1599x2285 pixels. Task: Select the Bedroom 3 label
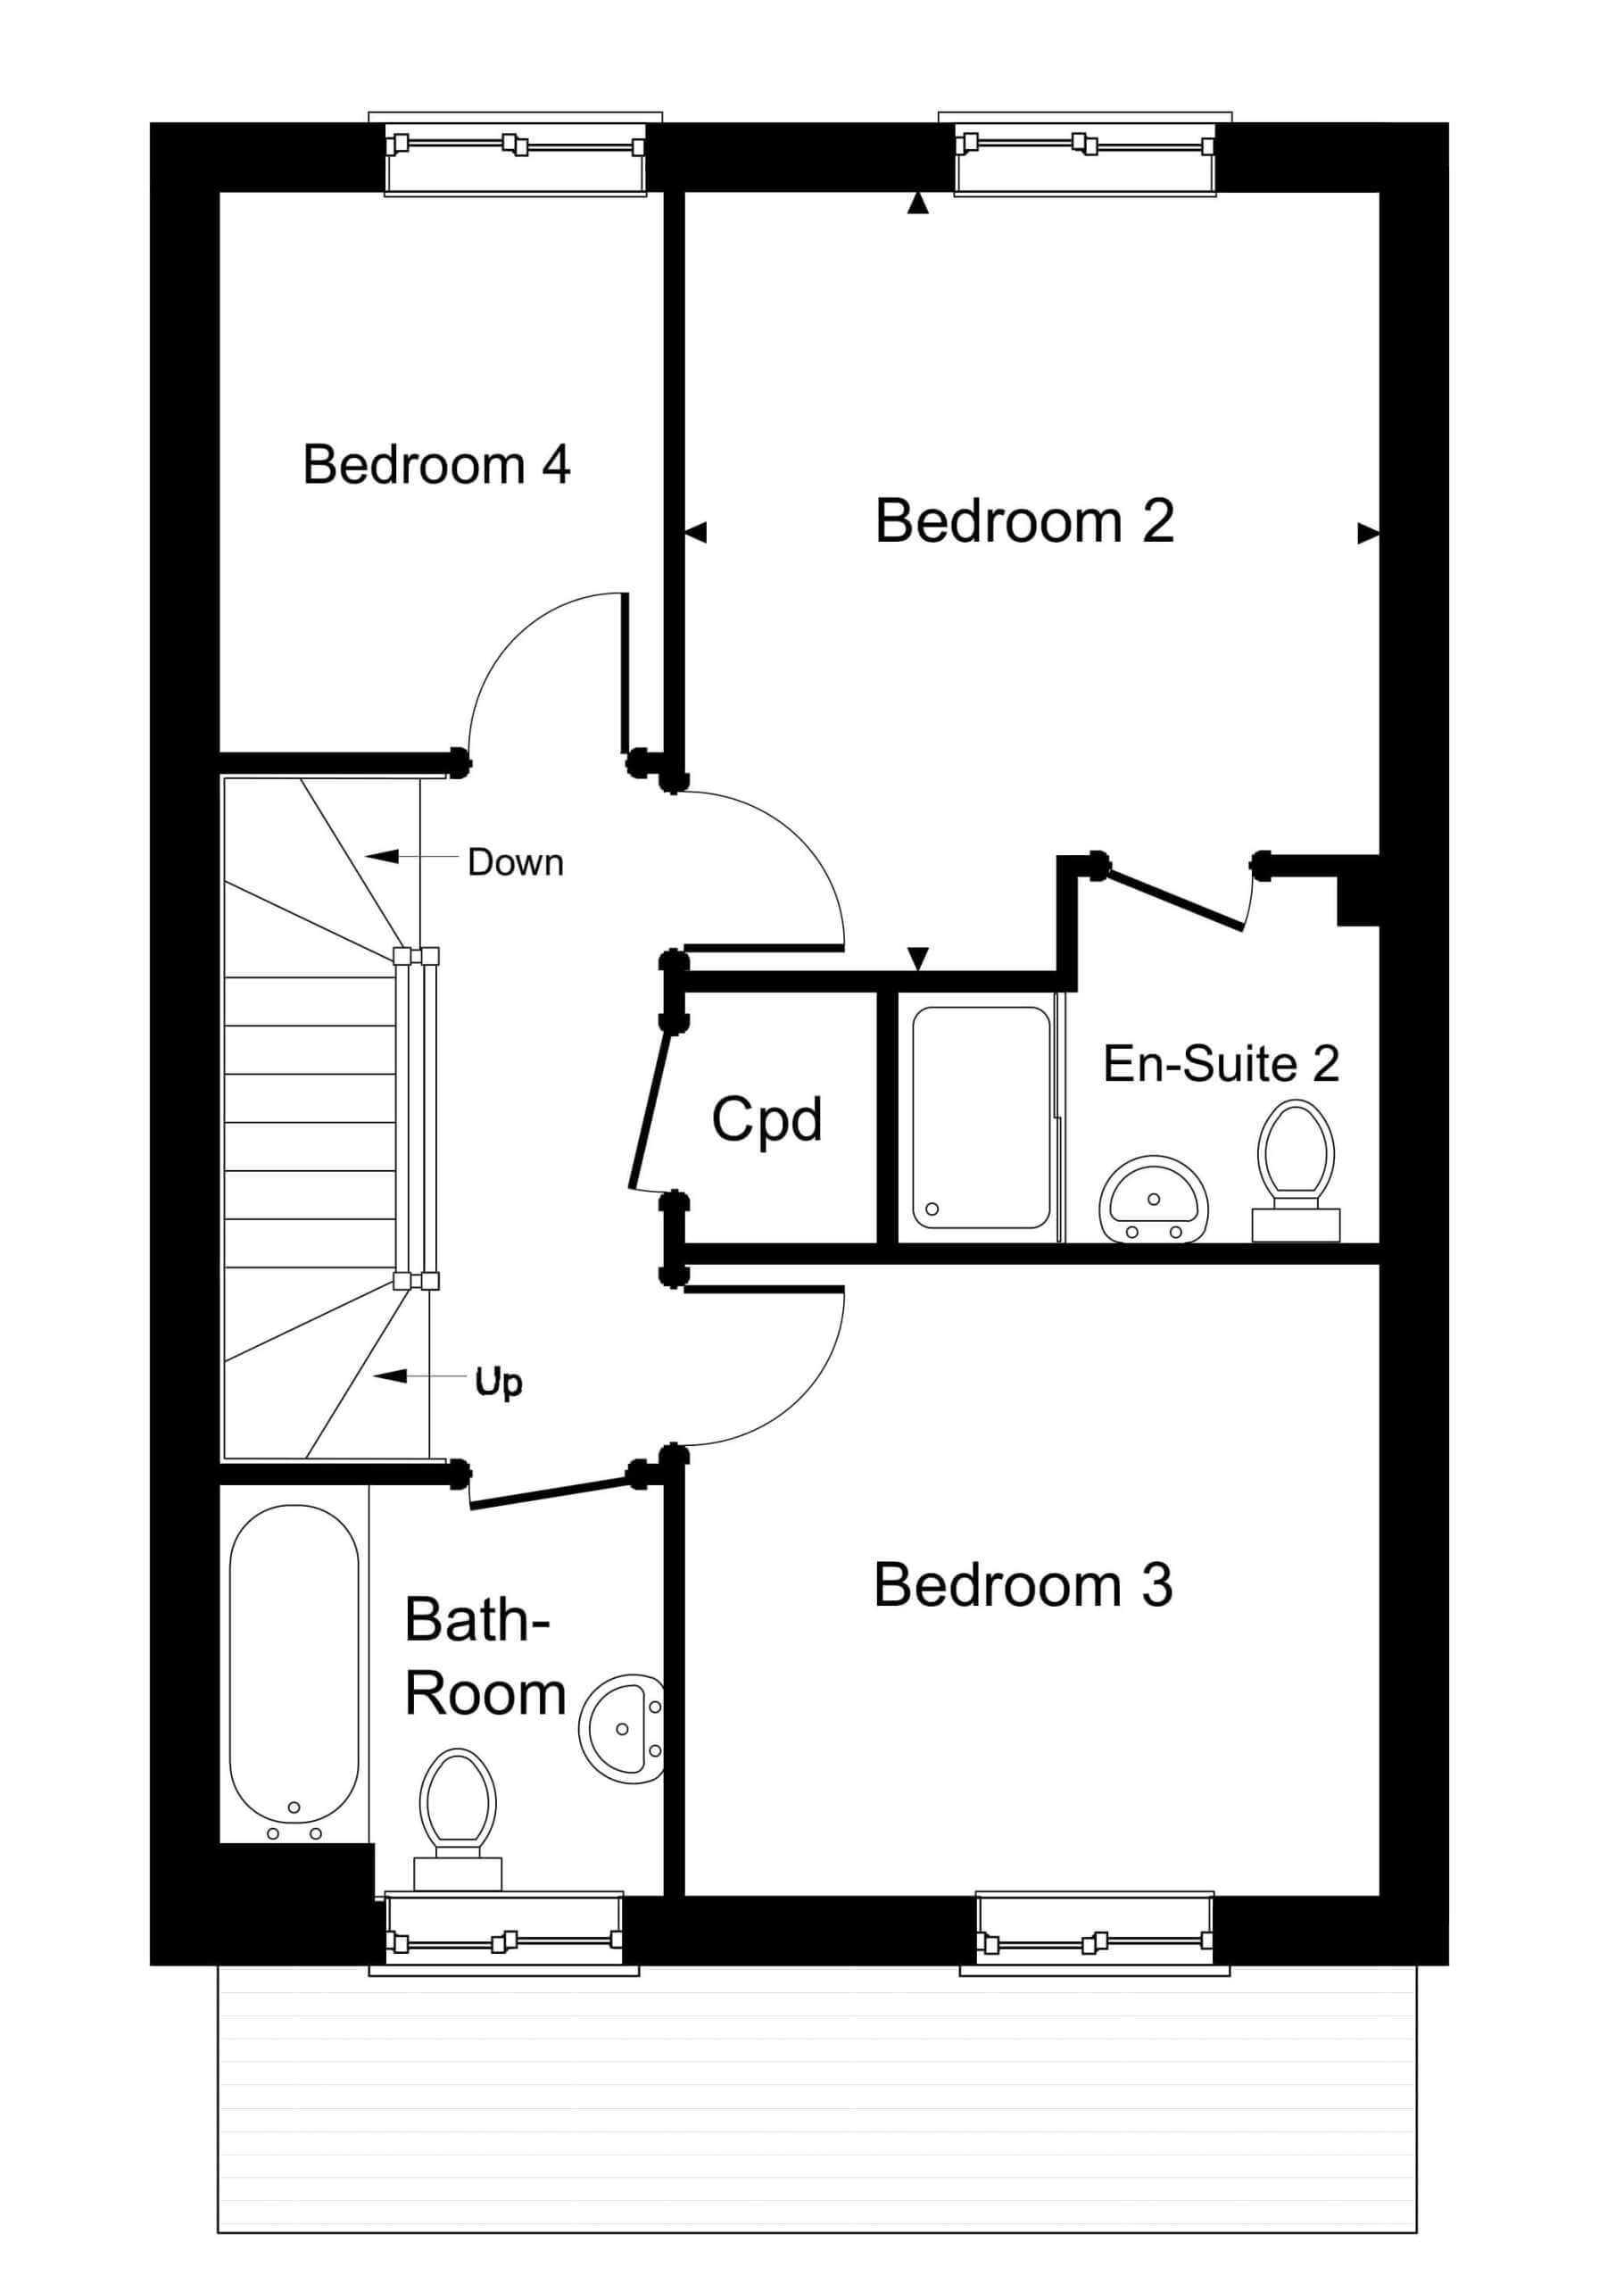tap(1023, 1584)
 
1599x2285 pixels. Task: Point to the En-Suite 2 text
tap(1221, 1064)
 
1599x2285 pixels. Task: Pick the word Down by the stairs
tap(516, 862)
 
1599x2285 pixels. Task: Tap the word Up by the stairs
tap(499, 1382)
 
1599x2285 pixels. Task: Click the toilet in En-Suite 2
tap(1296, 1170)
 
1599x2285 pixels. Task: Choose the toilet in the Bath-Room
tap(458, 1820)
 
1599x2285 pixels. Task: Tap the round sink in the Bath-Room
tap(621, 1729)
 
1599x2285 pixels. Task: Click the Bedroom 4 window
tap(516, 154)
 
